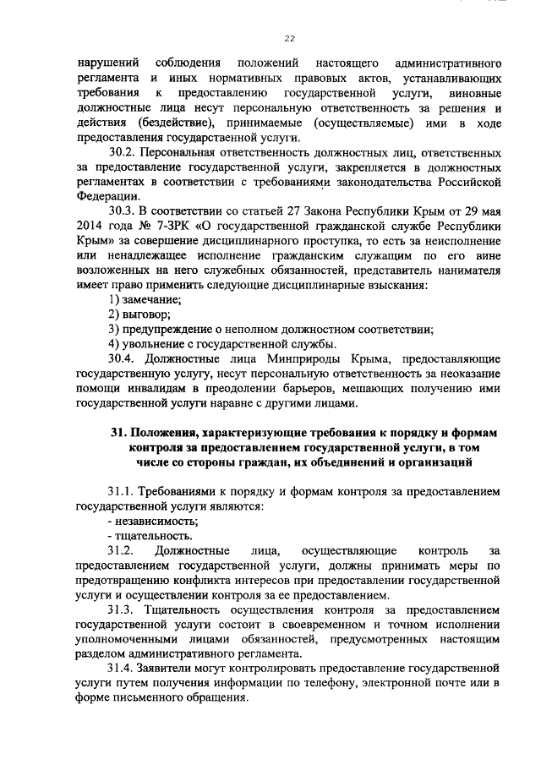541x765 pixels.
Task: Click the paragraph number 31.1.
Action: coord(123,490)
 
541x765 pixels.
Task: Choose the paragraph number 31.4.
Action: coord(123,669)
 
